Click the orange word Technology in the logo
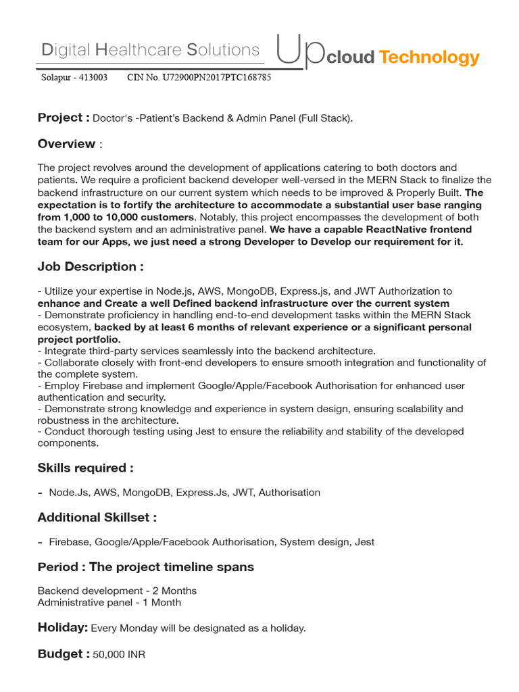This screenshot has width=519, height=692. tap(429, 57)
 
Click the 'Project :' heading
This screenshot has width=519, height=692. tap(64, 118)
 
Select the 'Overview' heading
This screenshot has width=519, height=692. tap(66, 144)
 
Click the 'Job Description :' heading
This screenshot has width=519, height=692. tap(91, 267)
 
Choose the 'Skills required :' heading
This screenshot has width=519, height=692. tap(85, 468)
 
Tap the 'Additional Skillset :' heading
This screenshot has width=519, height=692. tap(97, 518)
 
